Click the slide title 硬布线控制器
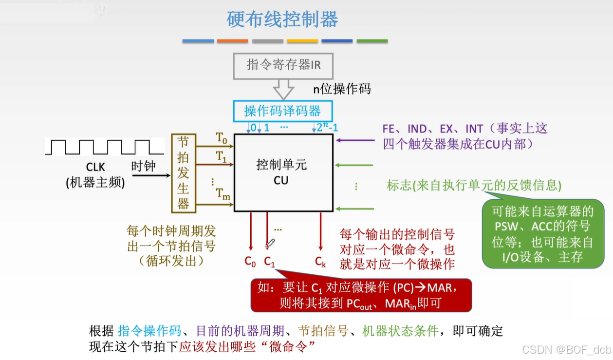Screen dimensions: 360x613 coord(282,19)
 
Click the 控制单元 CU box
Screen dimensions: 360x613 coord(283,172)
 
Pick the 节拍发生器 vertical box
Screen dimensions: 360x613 coord(184,173)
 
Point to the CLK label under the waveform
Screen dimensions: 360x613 coord(95,168)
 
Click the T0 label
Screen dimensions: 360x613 coord(222,138)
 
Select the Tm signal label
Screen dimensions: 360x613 coord(223,194)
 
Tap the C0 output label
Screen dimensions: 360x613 coord(250,262)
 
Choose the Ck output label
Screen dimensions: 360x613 coord(320,262)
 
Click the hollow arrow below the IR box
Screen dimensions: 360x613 coord(283,90)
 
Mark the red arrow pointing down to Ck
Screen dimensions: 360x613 coord(320,231)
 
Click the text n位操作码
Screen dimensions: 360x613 coord(342,89)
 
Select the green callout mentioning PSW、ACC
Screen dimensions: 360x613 coord(543,234)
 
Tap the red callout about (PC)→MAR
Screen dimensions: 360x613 coord(361,295)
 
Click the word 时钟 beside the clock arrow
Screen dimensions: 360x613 coord(144,166)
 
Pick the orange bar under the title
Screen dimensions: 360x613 coord(232,41)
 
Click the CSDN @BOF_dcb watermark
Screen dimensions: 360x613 coord(566,349)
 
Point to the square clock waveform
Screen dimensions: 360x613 coord(105,147)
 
